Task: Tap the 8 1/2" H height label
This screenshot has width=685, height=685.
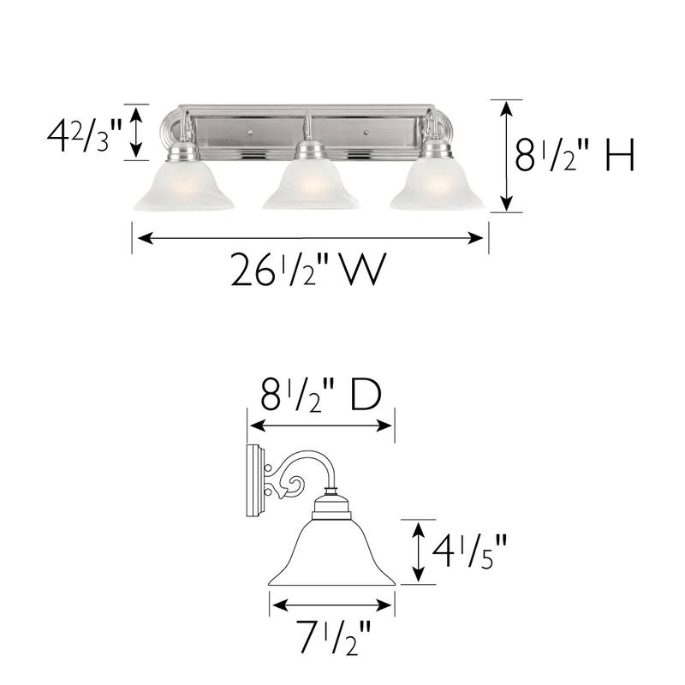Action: click(x=575, y=157)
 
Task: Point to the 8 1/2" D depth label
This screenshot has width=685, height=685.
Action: click(x=320, y=396)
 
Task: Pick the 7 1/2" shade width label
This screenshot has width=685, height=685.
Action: click(x=333, y=638)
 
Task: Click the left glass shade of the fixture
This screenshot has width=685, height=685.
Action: click(x=183, y=187)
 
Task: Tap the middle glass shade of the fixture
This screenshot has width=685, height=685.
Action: click(x=310, y=187)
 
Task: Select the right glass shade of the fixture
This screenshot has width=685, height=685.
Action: click(x=437, y=187)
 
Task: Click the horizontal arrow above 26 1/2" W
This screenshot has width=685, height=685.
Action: click(x=310, y=239)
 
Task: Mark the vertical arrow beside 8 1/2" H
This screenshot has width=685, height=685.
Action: click(x=508, y=156)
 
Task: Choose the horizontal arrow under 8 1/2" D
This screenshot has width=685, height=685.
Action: click(x=320, y=426)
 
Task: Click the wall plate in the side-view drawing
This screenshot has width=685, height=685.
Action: click(x=255, y=481)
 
